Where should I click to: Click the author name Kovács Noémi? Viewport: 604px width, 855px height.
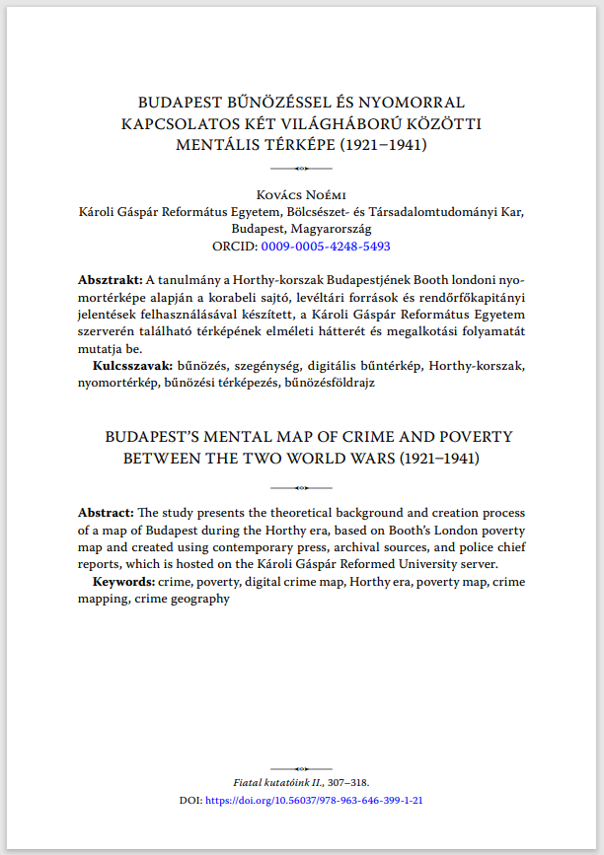click(302, 194)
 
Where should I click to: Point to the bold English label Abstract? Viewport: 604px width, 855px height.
click(107, 513)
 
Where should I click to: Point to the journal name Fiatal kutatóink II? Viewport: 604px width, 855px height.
click(273, 782)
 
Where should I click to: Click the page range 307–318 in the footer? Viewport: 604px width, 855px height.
click(347, 782)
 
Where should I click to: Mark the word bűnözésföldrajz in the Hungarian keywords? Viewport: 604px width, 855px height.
click(330, 382)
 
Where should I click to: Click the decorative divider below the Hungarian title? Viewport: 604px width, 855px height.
click(302, 169)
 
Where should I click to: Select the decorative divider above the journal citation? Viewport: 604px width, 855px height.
click(302, 767)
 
